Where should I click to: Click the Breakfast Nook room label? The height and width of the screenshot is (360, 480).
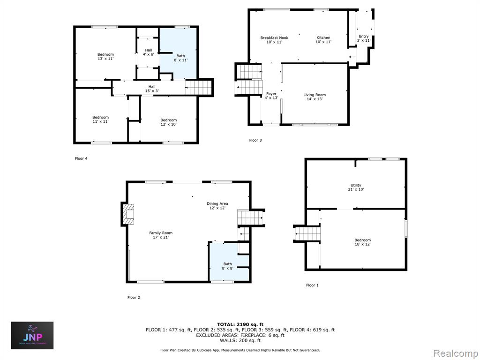[x=274, y=40]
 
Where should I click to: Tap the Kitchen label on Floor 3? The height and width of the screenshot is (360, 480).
[x=323, y=40]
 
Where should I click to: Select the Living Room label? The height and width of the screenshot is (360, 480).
[x=315, y=97]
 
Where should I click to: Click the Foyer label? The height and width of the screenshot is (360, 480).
[x=271, y=96]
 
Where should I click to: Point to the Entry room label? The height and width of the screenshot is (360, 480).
[x=364, y=38]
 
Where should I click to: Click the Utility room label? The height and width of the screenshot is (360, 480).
[x=356, y=187]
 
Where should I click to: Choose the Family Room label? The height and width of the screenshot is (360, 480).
[x=161, y=235]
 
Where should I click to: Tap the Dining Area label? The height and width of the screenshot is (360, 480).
[x=217, y=205]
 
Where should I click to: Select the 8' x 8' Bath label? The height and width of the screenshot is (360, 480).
[x=227, y=266]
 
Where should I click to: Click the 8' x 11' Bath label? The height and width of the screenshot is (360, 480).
[x=180, y=58]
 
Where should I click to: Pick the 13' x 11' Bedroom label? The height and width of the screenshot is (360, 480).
[x=105, y=56]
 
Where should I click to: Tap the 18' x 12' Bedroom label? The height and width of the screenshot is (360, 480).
[x=362, y=242]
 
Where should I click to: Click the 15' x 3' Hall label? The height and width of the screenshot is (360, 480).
[x=152, y=89]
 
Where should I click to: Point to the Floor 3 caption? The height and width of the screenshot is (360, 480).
[x=255, y=140]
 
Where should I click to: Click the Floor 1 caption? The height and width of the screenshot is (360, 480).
[x=312, y=285]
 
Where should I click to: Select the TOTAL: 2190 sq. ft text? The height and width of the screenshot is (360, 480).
[x=240, y=324]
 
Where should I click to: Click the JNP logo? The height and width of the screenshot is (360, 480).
[x=32, y=335]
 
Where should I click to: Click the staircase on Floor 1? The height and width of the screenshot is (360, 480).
[x=307, y=234]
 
